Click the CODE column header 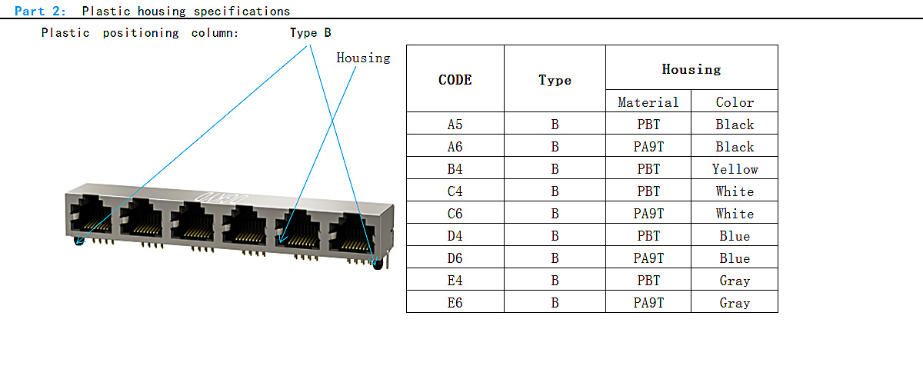pos(455,79)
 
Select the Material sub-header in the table pos(648,101)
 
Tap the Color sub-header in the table pos(735,101)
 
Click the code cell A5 pos(455,124)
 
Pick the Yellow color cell pos(735,168)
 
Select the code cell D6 pos(455,258)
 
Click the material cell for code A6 pos(648,146)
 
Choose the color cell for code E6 pos(735,302)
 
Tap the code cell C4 pos(455,191)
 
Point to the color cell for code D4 pos(735,236)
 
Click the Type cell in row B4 pos(555,168)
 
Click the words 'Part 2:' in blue pos(40,11)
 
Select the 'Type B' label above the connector pos(310,32)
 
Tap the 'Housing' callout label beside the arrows pos(363,58)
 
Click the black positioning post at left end pos(78,241)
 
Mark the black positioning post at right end pos(378,264)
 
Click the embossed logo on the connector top pos(222,197)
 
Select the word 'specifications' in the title pos(242,11)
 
